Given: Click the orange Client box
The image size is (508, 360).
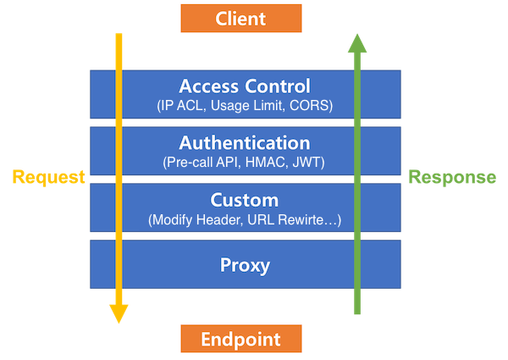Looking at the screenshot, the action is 241,18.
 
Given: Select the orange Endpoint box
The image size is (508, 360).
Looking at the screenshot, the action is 241,339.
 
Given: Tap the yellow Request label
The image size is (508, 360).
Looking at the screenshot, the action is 48,178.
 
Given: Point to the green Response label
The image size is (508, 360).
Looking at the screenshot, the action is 452,177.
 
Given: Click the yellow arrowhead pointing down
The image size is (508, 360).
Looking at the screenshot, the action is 119,313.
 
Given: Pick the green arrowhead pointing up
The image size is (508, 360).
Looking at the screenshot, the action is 357,43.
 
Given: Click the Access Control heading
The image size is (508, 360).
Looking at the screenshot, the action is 245,86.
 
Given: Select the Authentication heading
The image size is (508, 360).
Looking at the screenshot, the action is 245,143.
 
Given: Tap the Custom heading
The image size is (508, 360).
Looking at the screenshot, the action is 245,200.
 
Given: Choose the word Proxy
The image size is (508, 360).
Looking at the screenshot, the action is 245,265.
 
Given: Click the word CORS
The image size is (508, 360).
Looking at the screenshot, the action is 309,106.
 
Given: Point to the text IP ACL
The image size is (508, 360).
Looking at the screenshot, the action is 181,106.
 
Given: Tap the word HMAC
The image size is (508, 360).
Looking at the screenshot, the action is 267,163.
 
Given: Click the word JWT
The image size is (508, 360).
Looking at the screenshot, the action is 306,163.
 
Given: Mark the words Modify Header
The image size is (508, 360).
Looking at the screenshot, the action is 197,219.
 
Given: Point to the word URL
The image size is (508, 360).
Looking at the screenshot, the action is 261,219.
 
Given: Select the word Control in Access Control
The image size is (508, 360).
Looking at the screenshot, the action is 278,86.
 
